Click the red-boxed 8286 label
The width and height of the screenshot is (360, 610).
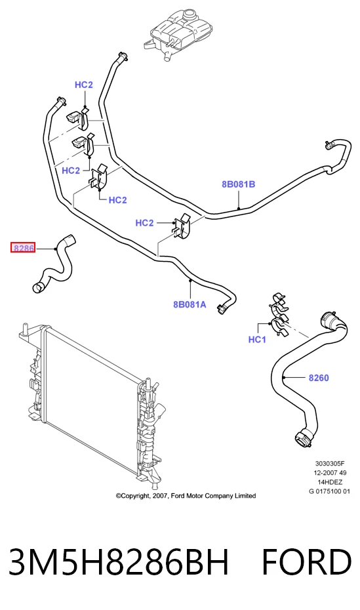[23, 247]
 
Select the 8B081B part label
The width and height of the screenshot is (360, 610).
[238, 184]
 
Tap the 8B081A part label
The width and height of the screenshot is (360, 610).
[190, 304]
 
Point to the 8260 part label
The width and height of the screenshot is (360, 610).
[319, 377]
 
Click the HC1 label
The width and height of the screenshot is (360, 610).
[257, 340]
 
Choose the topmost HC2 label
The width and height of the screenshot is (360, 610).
[84, 85]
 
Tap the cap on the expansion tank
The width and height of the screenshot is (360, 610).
[190, 15]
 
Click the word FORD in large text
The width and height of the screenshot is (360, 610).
[307, 561]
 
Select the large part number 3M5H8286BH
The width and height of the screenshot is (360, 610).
[118, 561]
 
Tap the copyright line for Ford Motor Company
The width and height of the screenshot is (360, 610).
[186, 496]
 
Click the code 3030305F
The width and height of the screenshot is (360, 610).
[330, 463]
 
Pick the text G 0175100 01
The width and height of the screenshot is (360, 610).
[329, 491]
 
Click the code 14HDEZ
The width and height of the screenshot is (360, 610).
[330, 482]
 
